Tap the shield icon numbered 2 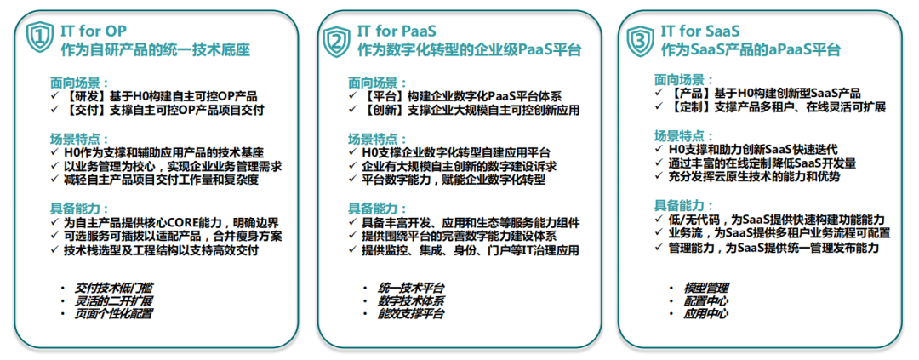337,39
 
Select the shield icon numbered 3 640,39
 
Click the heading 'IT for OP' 94,31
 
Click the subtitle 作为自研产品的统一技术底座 156,50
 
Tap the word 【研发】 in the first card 82,95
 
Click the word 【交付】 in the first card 82,109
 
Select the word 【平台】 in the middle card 381,95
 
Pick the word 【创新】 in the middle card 381,109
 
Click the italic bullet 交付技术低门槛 114,289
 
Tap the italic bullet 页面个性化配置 114,314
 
